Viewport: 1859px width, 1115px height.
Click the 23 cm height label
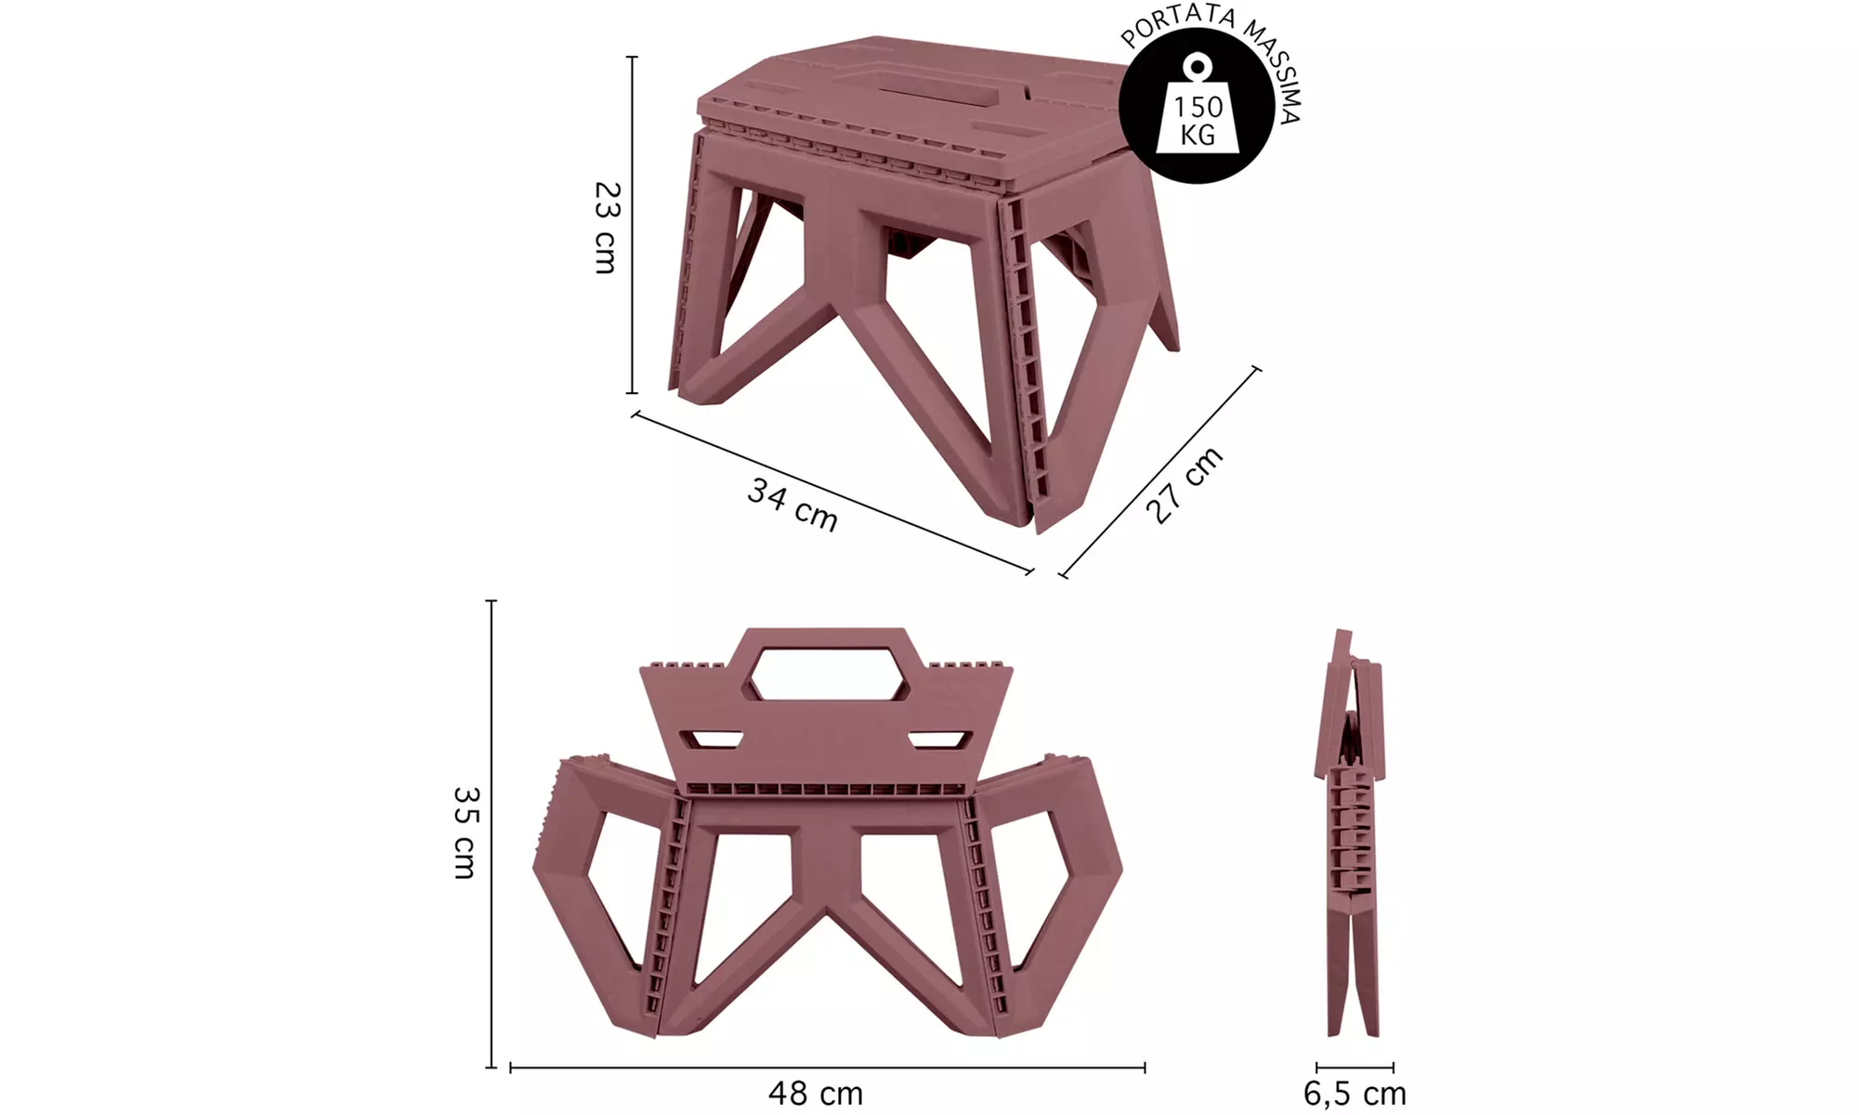(x=606, y=228)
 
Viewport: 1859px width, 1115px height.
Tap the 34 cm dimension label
(x=792, y=505)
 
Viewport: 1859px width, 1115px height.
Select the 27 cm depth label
(x=1184, y=485)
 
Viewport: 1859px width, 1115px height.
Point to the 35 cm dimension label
(x=465, y=833)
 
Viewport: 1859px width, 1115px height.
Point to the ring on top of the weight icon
(x=1198, y=66)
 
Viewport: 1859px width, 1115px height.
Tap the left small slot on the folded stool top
(x=713, y=740)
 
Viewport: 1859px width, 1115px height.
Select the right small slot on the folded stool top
(x=940, y=740)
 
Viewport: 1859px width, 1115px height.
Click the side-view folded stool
(x=1350, y=832)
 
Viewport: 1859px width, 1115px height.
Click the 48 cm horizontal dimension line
(x=827, y=1068)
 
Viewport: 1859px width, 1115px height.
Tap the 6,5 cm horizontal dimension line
(x=1355, y=1068)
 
